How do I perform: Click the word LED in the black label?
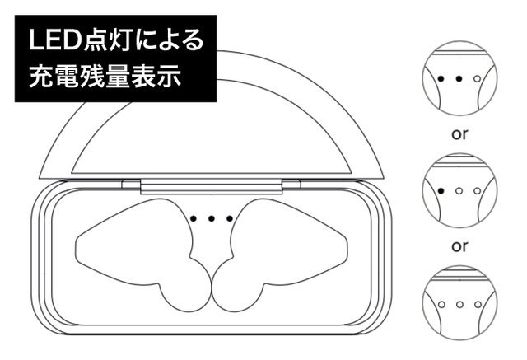55,40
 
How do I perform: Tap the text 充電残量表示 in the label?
105,76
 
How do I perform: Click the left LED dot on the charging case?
194,218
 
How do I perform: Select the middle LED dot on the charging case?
212,219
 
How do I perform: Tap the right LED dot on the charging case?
230,219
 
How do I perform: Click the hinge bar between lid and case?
212,186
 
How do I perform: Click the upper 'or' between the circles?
459,134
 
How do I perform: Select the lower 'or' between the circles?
459,246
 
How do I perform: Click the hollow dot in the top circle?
478,79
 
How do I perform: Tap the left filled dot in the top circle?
441,79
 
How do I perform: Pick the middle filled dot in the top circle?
459,79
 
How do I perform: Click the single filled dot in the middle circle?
441,191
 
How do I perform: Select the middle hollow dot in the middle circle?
459,191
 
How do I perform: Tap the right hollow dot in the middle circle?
478,191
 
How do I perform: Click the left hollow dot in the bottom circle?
441,305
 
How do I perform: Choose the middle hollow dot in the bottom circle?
459,305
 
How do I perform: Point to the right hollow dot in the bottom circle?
478,305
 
